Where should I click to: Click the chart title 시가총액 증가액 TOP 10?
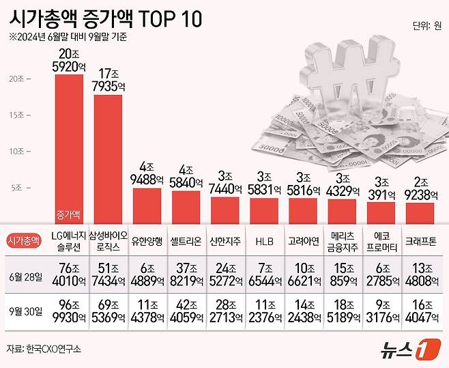click(x=105, y=18)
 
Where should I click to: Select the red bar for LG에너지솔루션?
click(x=69, y=147)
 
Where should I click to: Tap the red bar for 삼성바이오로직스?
click(x=108, y=157)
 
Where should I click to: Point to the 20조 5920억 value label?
click(x=69, y=60)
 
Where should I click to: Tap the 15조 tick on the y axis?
click(x=35, y=114)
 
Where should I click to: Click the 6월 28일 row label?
click(x=25, y=276)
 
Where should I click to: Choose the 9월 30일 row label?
click(x=25, y=312)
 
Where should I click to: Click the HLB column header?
click(x=263, y=240)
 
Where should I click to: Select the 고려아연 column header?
click(x=302, y=240)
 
